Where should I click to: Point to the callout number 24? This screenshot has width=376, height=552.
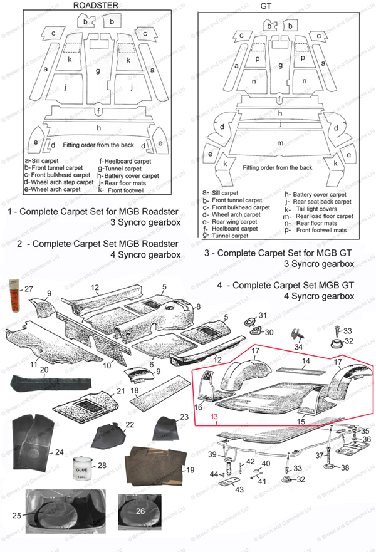pyautogui.click(x=59, y=451)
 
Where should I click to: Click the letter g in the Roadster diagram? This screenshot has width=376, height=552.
pyautogui.click(x=97, y=71)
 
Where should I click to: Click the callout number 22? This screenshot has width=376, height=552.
pyautogui.click(x=129, y=425)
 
